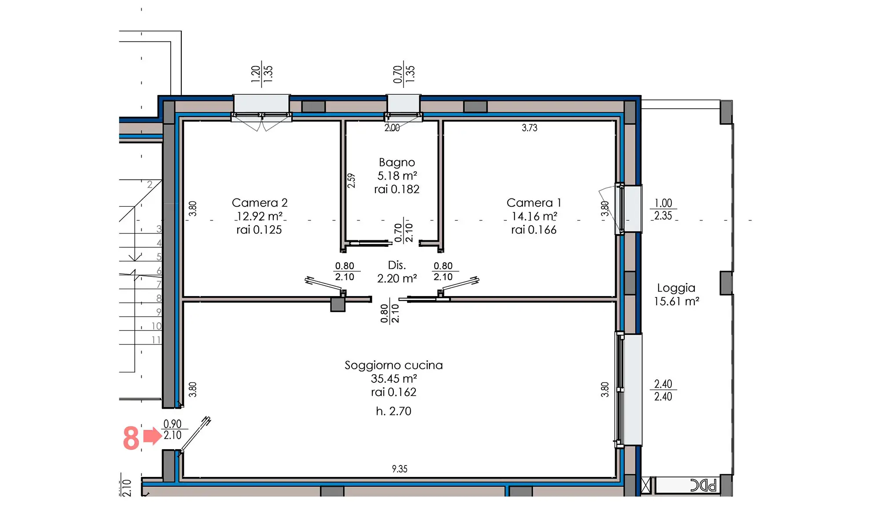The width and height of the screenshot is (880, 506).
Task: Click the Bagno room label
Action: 397,163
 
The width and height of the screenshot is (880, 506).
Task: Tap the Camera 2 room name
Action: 260,203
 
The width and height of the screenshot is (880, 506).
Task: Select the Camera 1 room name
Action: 534,203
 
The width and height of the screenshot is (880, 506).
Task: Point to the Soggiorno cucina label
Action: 394,365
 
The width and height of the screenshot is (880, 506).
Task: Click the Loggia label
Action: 676,288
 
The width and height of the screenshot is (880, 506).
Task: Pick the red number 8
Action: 131,438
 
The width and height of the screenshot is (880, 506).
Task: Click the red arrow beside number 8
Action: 153,436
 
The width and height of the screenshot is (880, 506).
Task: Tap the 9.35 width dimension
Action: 400,469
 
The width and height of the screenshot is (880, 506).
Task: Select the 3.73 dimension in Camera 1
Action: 530,128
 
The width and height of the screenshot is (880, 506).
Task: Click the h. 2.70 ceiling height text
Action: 394,411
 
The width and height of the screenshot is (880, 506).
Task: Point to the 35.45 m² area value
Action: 394,379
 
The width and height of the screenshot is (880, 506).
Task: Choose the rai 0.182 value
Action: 397,190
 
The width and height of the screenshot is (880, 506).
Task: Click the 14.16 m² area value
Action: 534,216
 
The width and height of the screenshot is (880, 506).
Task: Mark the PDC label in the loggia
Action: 703,485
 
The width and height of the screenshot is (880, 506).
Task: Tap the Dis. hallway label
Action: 397,265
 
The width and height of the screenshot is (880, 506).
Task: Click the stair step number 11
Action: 156,340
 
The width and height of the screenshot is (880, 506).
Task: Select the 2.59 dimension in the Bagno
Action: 351,180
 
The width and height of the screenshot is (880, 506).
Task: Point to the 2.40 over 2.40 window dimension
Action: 663,390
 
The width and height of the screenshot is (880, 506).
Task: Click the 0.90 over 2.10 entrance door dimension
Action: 172,429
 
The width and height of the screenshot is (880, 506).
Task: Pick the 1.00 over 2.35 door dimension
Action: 663,209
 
